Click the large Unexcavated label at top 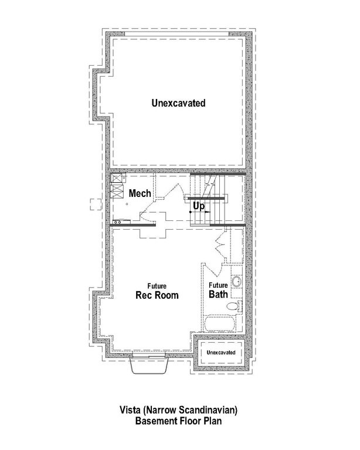click(178, 103)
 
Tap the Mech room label click(140, 193)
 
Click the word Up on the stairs click(199, 206)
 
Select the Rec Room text click(157, 295)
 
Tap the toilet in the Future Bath click(234, 306)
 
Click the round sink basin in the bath click(236, 280)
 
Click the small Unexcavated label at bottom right click(220, 353)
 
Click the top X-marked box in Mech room click(116, 180)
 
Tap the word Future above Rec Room click(157, 286)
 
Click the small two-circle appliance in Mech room click(117, 222)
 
